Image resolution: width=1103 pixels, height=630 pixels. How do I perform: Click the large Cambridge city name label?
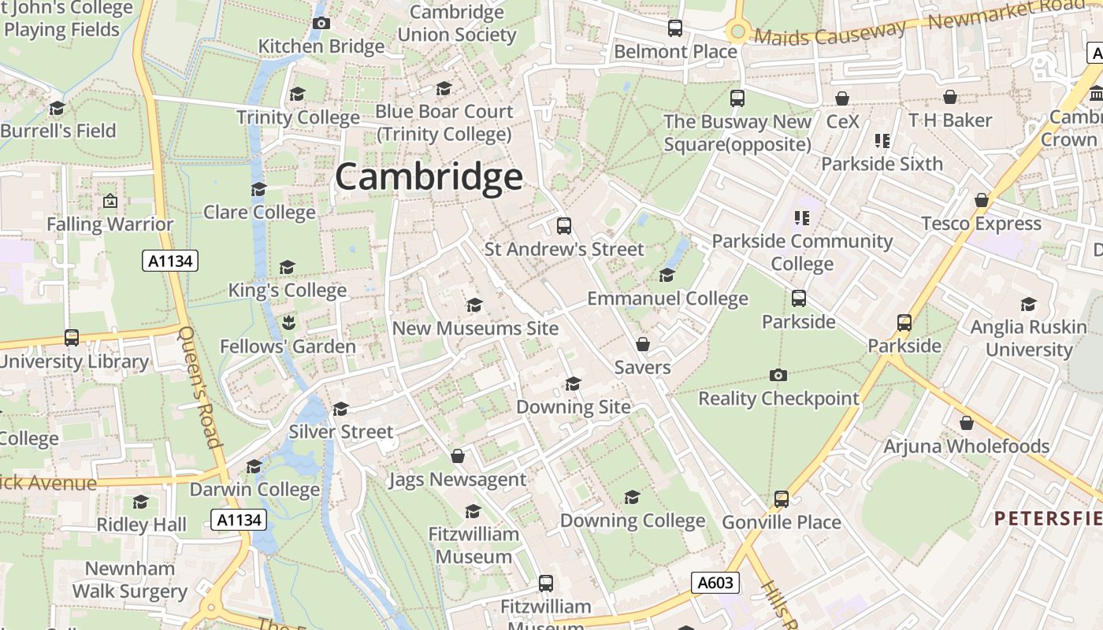(429, 177)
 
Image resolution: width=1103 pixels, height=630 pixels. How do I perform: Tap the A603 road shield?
(715, 583)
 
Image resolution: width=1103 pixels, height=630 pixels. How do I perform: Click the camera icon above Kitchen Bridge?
(321, 23)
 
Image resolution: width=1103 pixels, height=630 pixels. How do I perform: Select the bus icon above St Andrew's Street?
(563, 226)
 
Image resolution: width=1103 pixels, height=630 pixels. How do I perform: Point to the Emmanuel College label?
(667, 298)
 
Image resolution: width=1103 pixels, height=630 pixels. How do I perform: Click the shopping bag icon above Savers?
(643, 344)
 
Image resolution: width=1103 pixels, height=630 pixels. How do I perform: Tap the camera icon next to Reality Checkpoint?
(778, 375)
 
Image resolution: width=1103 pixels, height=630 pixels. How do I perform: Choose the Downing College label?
(632, 521)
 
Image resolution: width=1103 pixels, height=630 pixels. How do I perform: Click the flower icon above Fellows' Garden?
(288, 322)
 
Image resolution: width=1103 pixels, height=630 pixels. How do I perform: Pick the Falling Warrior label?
(110, 224)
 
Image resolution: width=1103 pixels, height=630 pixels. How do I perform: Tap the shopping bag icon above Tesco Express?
(982, 200)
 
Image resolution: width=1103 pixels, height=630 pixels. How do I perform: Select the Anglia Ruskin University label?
(1028, 337)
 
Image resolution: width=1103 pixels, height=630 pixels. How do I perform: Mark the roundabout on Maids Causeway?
(737, 31)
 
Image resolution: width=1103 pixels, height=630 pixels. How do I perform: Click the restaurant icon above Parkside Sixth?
(882, 141)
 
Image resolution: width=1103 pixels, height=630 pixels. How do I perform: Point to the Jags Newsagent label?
(457, 479)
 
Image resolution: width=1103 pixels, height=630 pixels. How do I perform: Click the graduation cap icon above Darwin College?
(254, 466)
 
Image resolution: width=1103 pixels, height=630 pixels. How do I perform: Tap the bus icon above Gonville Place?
(781, 498)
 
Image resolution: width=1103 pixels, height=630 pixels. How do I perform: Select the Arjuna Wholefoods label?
(966, 446)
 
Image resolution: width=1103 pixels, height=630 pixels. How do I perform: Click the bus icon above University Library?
(72, 338)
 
